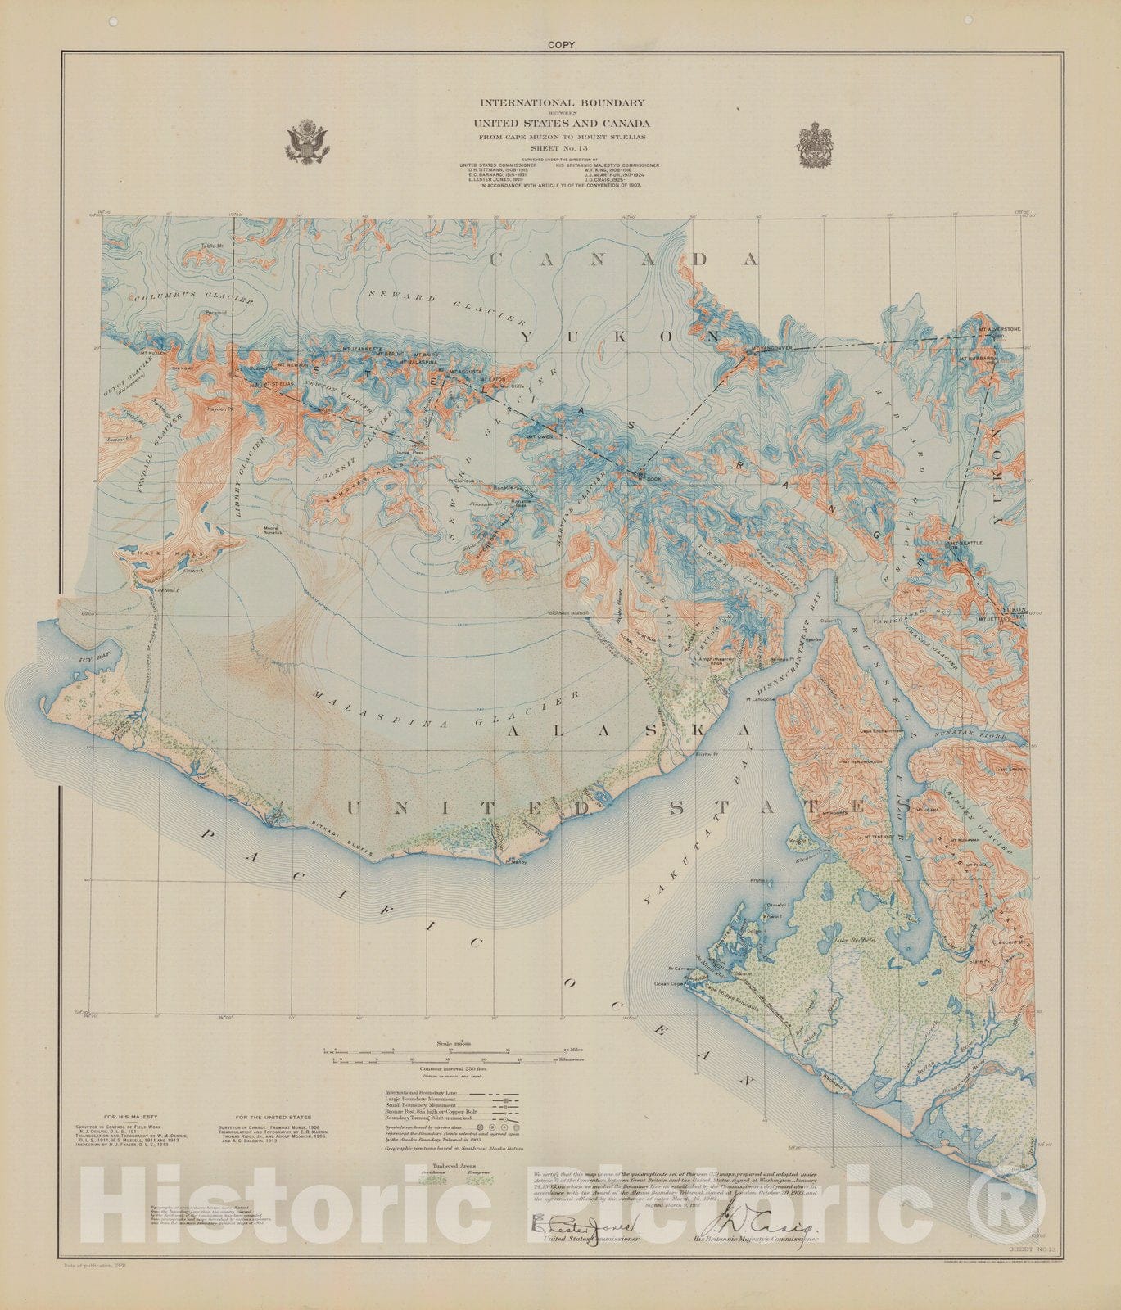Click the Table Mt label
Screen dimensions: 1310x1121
click(x=217, y=245)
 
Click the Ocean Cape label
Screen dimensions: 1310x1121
click(x=668, y=983)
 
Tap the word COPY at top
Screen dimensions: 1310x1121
click(x=562, y=45)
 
